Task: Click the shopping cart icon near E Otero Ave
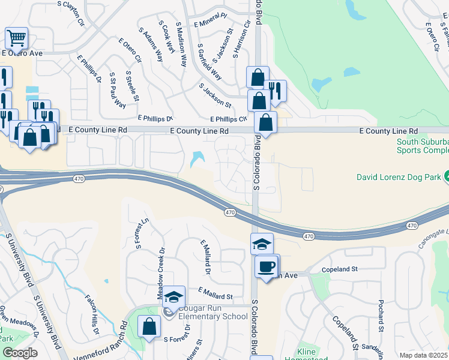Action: coord(17,38)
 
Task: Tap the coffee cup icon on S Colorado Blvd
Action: coord(266,267)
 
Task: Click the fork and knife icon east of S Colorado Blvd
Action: coord(276,91)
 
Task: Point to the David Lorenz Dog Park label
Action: coord(399,177)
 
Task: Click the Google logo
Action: coord(19,353)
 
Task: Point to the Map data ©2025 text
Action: coord(423,355)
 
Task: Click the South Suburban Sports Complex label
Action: coord(422,146)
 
